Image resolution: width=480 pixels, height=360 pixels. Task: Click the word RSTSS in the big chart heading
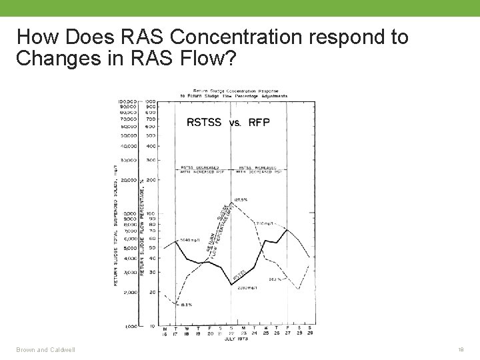[x=204, y=122]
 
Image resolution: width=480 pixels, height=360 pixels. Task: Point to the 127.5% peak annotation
[x=241, y=199]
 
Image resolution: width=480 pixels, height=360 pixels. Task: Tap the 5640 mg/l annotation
[x=190, y=239]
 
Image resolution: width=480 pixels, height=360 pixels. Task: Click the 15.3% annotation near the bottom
[x=187, y=304]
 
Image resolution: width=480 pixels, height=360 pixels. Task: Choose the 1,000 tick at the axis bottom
[x=130, y=326]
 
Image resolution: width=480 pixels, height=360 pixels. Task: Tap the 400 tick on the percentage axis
[x=151, y=146]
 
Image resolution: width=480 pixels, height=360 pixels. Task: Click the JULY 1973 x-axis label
[x=237, y=339]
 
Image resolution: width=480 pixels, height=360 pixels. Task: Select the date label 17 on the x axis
[x=175, y=333]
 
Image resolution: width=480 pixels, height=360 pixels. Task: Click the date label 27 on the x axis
[x=287, y=333]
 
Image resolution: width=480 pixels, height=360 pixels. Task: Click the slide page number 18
[x=460, y=349]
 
